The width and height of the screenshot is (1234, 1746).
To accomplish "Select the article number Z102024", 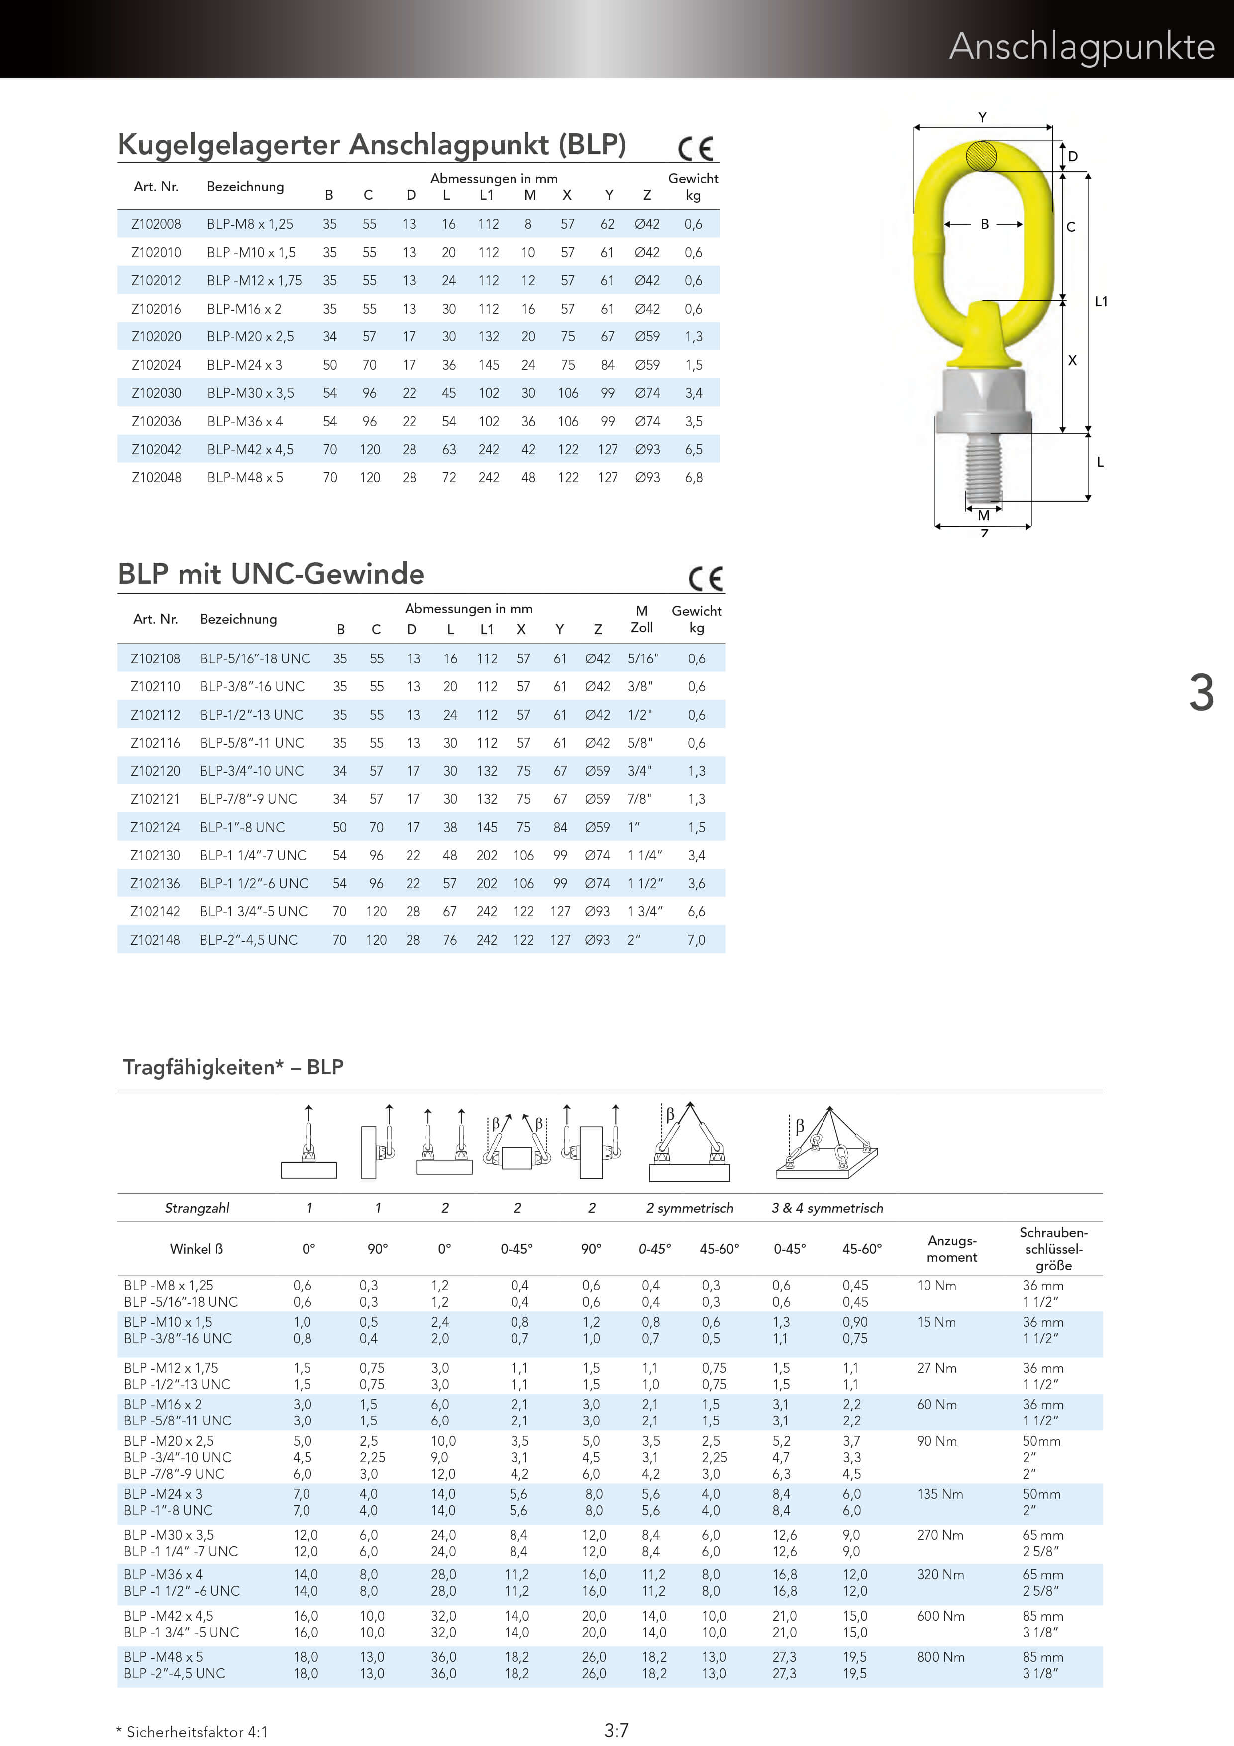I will (x=157, y=365).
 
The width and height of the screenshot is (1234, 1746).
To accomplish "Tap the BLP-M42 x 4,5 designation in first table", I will (x=250, y=449).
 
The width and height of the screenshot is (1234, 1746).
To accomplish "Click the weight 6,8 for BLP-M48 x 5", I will (x=694, y=478).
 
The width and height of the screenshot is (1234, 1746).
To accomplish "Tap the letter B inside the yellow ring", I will (x=985, y=224).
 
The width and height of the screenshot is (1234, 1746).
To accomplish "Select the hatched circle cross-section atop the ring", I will (x=981, y=157).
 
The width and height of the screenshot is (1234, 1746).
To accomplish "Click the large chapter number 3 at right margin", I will (x=1201, y=693).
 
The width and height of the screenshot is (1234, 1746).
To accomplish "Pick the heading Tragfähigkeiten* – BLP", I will (x=233, y=1067).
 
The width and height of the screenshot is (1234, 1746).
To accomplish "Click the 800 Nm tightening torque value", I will (x=940, y=1657).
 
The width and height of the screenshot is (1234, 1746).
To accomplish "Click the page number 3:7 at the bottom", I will (x=616, y=1730).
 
